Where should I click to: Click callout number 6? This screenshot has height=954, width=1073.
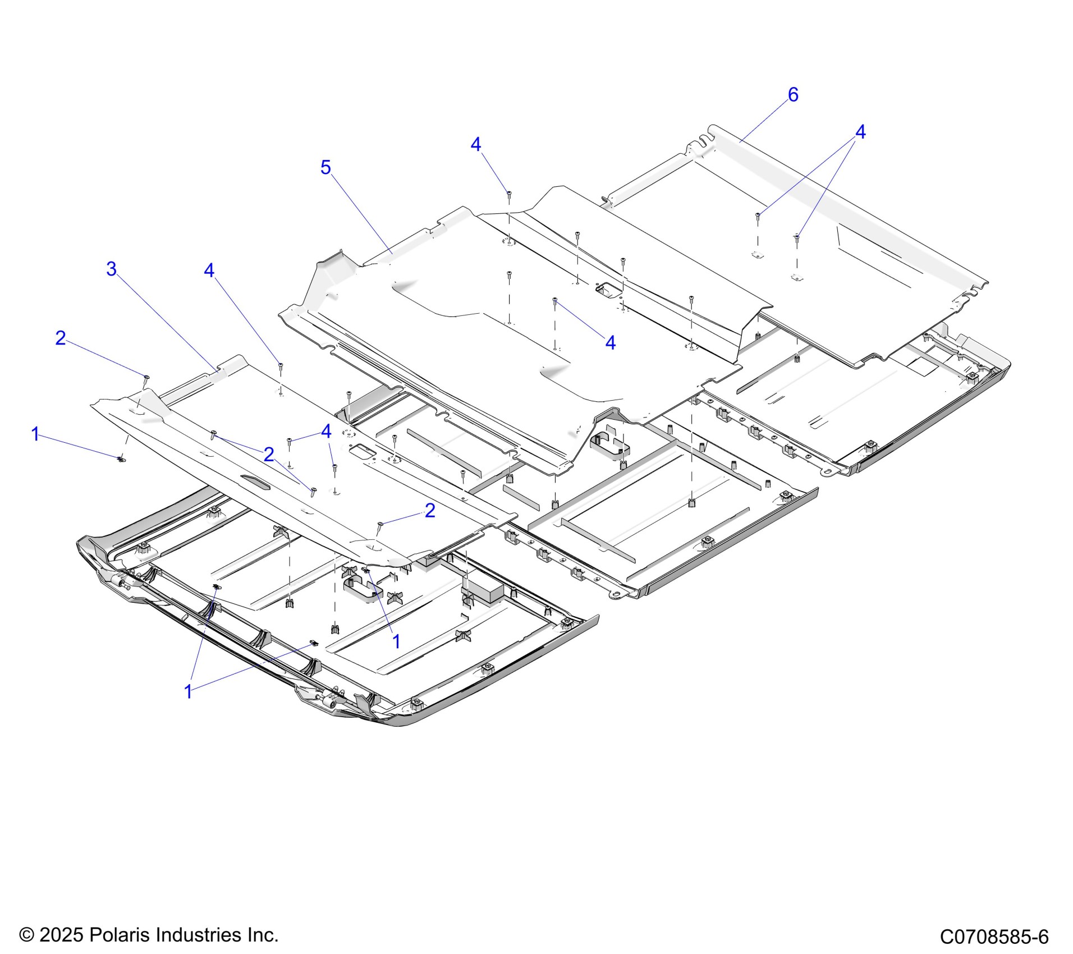point(792,95)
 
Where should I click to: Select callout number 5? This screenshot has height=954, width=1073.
point(325,167)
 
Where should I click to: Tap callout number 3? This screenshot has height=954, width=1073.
point(112,269)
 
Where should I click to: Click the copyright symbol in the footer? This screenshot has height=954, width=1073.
point(27,935)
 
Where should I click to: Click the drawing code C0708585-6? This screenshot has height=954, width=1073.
point(994,937)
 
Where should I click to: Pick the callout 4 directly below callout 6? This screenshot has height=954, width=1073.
point(860,132)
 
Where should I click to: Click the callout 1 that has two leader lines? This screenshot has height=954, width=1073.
point(189,692)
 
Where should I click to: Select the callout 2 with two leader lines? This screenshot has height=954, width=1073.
point(269,454)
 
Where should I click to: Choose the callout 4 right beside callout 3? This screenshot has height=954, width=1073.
point(209,270)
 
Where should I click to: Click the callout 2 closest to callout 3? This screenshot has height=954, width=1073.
point(61,338)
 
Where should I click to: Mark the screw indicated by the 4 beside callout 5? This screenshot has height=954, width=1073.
point(509,194)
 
